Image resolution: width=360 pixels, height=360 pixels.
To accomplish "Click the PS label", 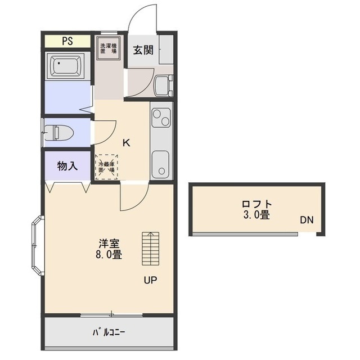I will (x=66, y=40).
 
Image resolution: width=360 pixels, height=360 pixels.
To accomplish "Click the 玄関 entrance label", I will (x=143, y=49).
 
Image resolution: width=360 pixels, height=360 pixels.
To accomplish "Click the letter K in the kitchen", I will (x=127, y=142).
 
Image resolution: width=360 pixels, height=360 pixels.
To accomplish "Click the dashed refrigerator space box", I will (x=106, y=166).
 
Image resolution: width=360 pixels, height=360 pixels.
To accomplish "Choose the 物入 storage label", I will (x=67, y=166).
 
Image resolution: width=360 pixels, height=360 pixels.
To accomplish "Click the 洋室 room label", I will (x=109, y=244).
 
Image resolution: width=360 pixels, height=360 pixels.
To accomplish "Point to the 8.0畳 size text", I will (x=109, y=254).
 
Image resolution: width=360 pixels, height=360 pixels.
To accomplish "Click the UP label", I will (x=150, y=280).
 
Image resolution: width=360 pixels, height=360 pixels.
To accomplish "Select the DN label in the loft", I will (x=306, y=220).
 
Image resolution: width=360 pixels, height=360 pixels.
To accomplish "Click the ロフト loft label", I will (x=257, y=204).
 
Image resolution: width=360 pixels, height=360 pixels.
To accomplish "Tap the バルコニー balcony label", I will (x=109, y=332).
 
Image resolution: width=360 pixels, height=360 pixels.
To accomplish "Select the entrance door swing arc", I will (x=141, y=20).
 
